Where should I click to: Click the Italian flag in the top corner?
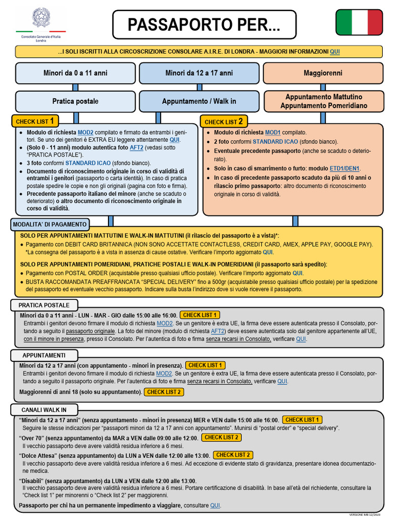click(x=359, y=23)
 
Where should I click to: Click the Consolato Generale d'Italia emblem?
click(x=41, y=19)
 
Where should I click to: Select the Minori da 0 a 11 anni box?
click(x=75, y=73)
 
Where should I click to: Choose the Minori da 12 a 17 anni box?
click(x=199, y=73)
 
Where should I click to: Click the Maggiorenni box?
click(x=323, y=73)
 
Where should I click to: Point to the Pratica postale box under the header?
click(x=75, y=101)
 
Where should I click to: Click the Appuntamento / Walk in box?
click(x=199, y=101)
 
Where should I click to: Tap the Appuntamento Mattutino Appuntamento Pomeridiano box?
click(x=323, y=101)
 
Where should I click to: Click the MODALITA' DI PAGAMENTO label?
click(x=49, y=225)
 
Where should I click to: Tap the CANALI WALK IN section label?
click(x=44, y=410)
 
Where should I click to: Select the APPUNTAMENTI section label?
click(x=44, y=355)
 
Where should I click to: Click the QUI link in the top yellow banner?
click(x=335, y=52)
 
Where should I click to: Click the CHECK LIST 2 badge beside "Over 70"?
click(x=222, y=438)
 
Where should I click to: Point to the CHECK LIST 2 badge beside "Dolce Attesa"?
click(x=233, y=455)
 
